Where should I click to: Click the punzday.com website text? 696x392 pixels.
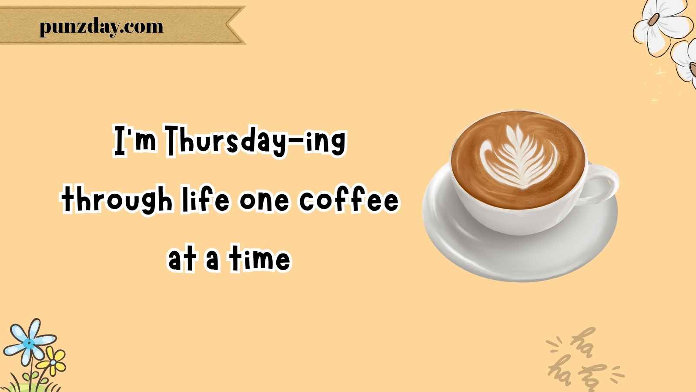point(101,27)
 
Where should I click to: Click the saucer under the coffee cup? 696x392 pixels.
point(519,246)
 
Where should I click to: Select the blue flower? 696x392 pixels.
point(30,342)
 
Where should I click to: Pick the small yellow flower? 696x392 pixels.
point(53,362)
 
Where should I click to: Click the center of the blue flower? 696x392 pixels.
point(29,344)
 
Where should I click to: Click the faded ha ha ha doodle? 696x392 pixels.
point(584,361)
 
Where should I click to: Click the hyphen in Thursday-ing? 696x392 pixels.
point(295,143)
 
